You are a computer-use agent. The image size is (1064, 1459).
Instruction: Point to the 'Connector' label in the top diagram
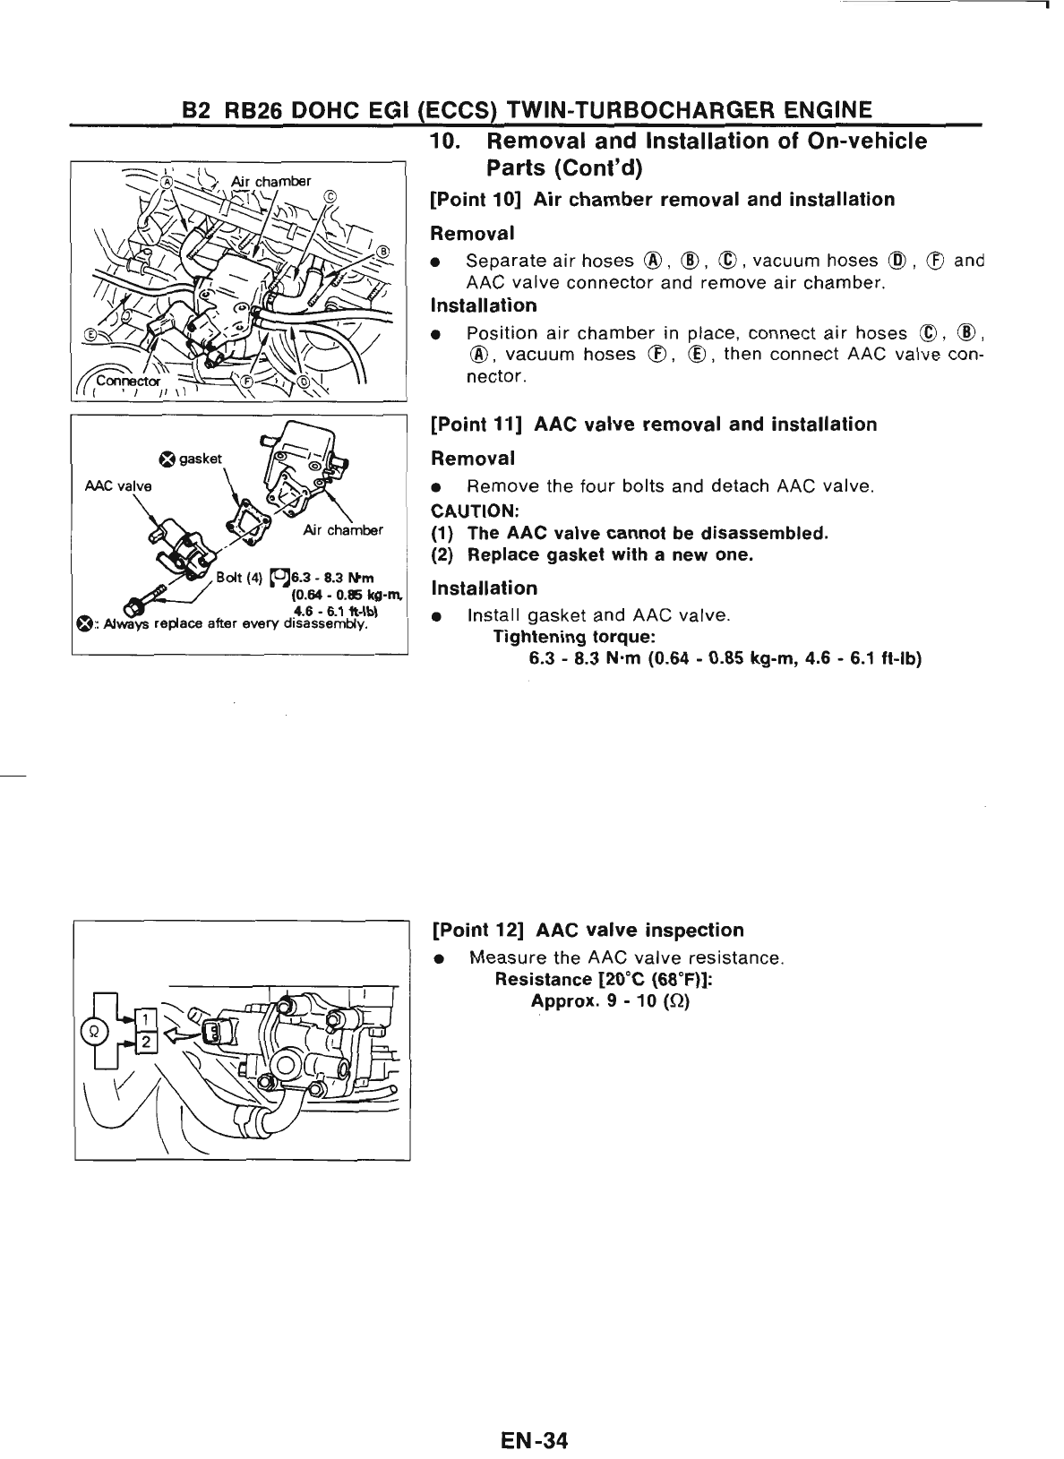click(x=125, y=380)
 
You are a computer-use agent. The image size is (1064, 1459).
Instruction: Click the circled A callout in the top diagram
click(x=165, y=180)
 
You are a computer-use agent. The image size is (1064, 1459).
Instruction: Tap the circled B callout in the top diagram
click(x=384, y=252)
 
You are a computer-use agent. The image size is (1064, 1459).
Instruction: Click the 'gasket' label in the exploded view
click(x=200, y=459)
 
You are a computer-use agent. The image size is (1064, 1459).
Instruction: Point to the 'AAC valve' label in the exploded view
click(x=118, y=486)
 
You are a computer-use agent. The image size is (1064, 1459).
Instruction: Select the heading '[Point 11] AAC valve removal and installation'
click(x=654, y=425)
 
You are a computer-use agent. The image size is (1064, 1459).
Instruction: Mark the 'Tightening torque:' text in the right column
click(x=574, y=638)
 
